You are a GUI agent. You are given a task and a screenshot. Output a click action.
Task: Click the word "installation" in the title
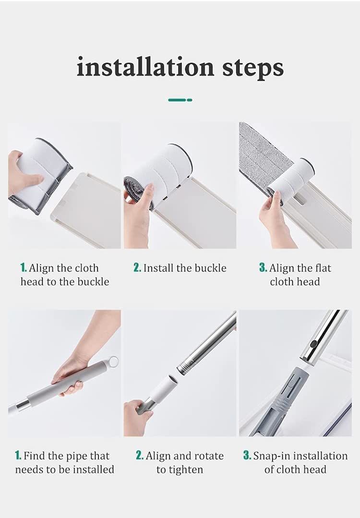point(145,67)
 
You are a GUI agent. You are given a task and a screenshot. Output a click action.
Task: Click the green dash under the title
point(180,100)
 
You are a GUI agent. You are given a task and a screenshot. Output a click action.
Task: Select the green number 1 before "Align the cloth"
point(23,267)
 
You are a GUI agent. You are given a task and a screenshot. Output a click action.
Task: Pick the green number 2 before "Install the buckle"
point(137,267)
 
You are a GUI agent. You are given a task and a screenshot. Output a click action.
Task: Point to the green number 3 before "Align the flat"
point(263,267)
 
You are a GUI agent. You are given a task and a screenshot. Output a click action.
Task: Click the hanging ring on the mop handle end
point(113,361)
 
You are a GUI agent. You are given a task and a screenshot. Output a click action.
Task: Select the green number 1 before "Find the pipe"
point(18,456)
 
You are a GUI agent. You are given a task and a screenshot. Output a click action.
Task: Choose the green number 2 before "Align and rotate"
point(139,456)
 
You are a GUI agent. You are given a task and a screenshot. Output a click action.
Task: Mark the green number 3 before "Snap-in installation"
point(247,456)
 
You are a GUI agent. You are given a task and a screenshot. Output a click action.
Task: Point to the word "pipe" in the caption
point(76,457)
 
